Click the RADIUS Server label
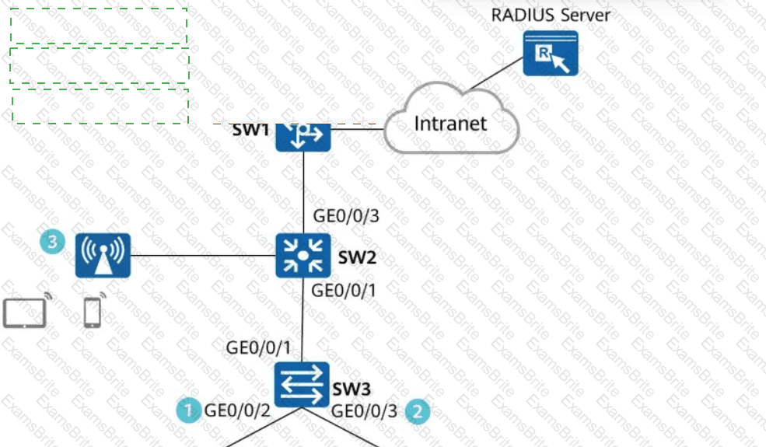point(550,15)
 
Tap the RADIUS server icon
point(550,53)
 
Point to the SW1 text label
point(250,129)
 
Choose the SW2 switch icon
point(303,255)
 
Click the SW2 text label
point(358,257)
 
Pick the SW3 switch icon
point(303,385)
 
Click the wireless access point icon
point(103,255)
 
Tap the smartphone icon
point(93,312)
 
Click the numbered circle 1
point(187,410)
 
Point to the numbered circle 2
point(418,411)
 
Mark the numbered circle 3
point(52,242)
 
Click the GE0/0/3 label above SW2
point(345,215)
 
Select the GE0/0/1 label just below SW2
point(344,291)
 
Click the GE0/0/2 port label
point(237,410)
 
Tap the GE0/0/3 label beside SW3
point(365,411)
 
